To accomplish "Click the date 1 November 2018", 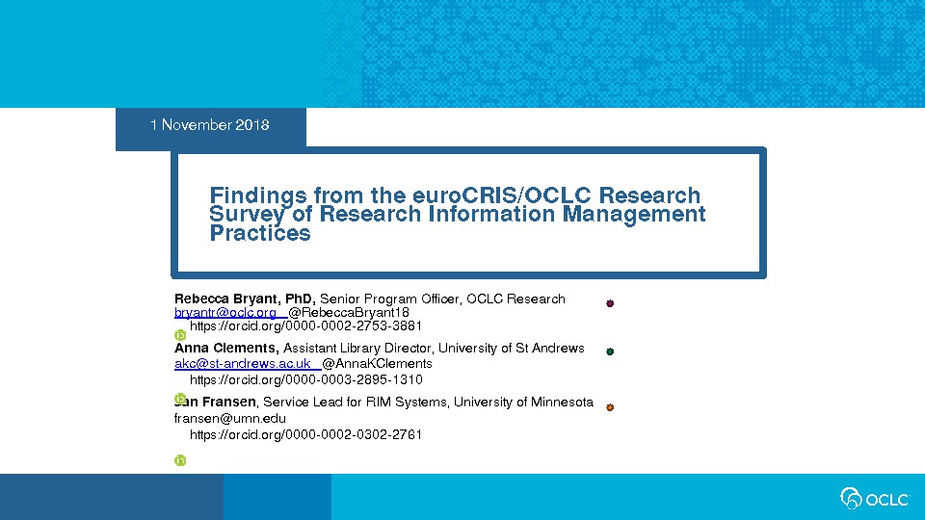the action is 209,125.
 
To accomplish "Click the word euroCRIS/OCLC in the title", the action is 501,195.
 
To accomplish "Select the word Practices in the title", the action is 260,233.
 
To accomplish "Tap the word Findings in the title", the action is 258,195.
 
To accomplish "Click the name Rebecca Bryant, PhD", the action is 245,299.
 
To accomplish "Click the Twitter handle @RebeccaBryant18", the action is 349,312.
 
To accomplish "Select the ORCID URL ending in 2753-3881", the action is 305,326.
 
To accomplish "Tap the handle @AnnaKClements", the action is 377,363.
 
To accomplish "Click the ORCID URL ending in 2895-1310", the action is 306,379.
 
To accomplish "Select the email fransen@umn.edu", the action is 230,419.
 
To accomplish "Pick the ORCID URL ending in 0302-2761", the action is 305,434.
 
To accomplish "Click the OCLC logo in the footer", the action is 875,499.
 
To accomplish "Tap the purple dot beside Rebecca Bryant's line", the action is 610,303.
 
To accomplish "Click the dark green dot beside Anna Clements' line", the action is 610,351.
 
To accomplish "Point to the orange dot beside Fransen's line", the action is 610,407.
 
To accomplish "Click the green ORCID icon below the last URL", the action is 180,460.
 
